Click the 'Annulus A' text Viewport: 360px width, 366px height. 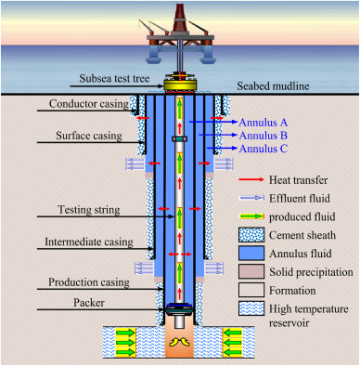click(x=264, y=122)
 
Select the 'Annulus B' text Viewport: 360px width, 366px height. click(x=264, y=135)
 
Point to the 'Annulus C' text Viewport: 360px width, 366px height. click(x=264, y=148)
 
